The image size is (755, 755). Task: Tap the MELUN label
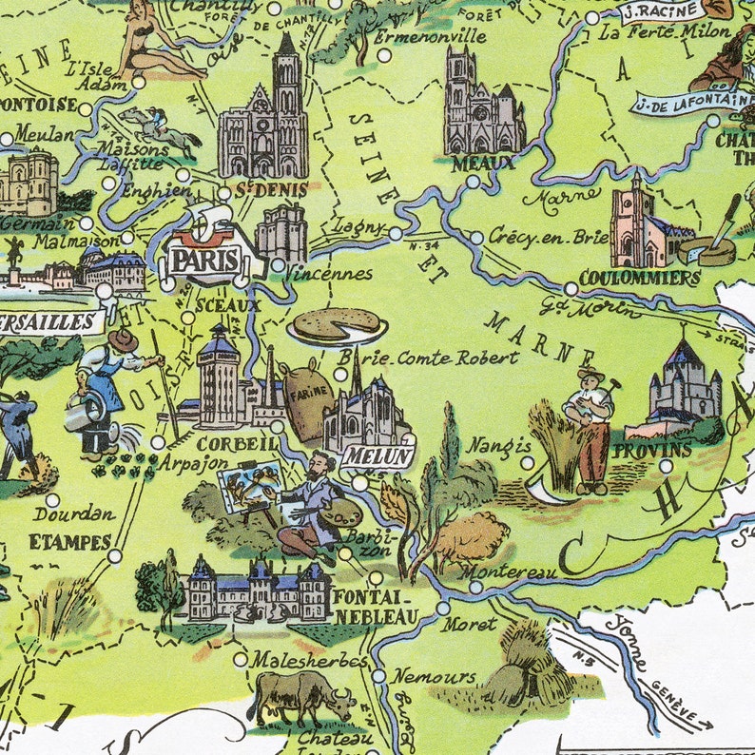377,455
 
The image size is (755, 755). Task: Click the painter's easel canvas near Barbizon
249,486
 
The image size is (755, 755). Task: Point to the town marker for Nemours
377,676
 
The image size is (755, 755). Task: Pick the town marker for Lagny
396,232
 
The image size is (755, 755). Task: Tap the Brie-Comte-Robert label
430,358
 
